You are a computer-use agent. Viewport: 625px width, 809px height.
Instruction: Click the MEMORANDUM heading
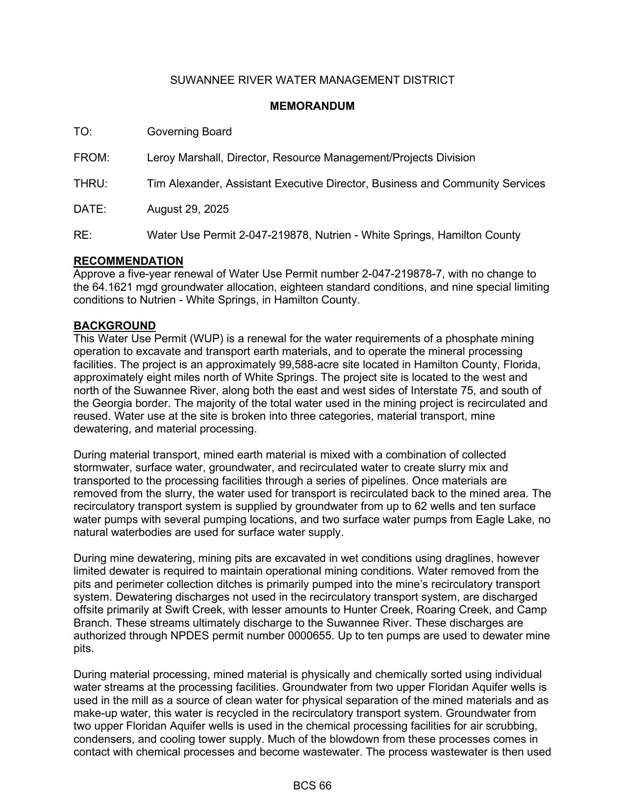point(312,106)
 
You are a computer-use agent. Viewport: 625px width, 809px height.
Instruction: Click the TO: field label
point(83,132)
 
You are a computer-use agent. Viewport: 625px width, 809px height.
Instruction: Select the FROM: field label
point(91,158)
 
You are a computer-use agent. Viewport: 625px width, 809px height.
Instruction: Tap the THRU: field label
point(90,184)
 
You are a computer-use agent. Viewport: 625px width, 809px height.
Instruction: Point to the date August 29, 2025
point(188,209)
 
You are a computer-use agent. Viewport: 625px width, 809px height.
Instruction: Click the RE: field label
point(82,235)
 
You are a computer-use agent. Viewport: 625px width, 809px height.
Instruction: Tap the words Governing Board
point(189,132)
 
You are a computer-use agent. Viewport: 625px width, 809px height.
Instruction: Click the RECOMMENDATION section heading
point(128,261)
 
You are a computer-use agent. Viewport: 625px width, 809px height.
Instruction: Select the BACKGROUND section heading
point(115,326)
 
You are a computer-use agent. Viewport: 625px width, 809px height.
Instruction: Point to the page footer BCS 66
point(312,786)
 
